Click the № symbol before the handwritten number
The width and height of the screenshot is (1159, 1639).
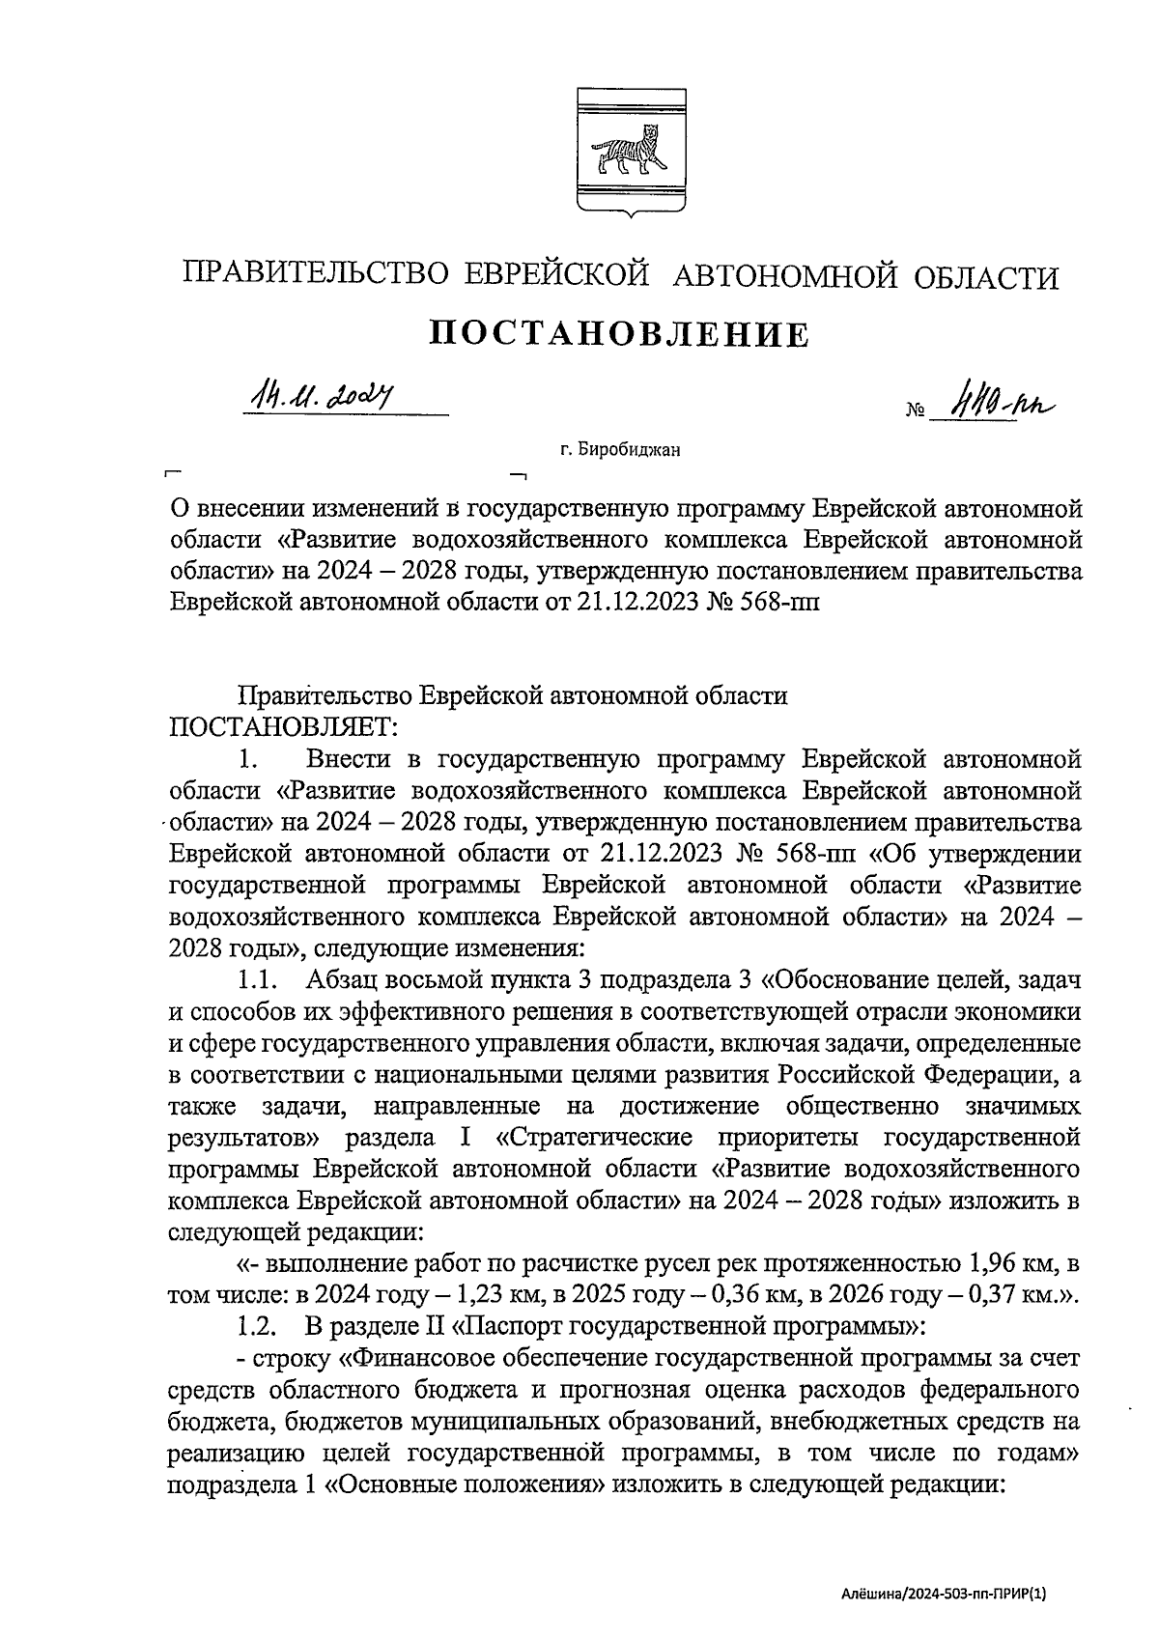click(915, 411)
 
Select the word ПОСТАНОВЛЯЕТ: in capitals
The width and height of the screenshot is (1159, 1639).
click(281, 724)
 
